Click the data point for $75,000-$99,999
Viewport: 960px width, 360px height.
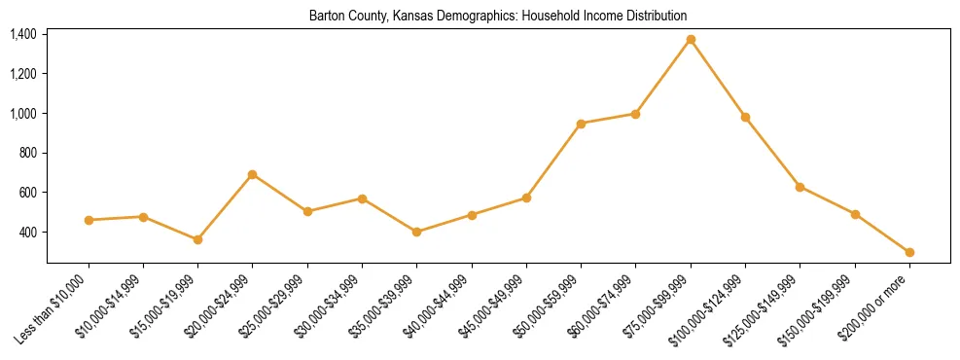pos(691,40)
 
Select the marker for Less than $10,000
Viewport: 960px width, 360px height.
pos(89,220)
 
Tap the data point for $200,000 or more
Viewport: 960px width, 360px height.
pos(909,252)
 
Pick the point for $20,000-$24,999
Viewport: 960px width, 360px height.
pos(253,175)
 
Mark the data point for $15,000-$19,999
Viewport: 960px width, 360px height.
pos(198,239)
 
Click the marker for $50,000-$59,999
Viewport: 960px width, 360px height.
pos(581,124)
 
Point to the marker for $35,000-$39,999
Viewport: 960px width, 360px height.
pos(417,232)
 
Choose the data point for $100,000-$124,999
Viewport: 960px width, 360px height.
pos(745,117)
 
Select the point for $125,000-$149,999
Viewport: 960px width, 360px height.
pos(800,187)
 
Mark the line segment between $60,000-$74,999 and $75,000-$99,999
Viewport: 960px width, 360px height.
pos(663,77)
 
